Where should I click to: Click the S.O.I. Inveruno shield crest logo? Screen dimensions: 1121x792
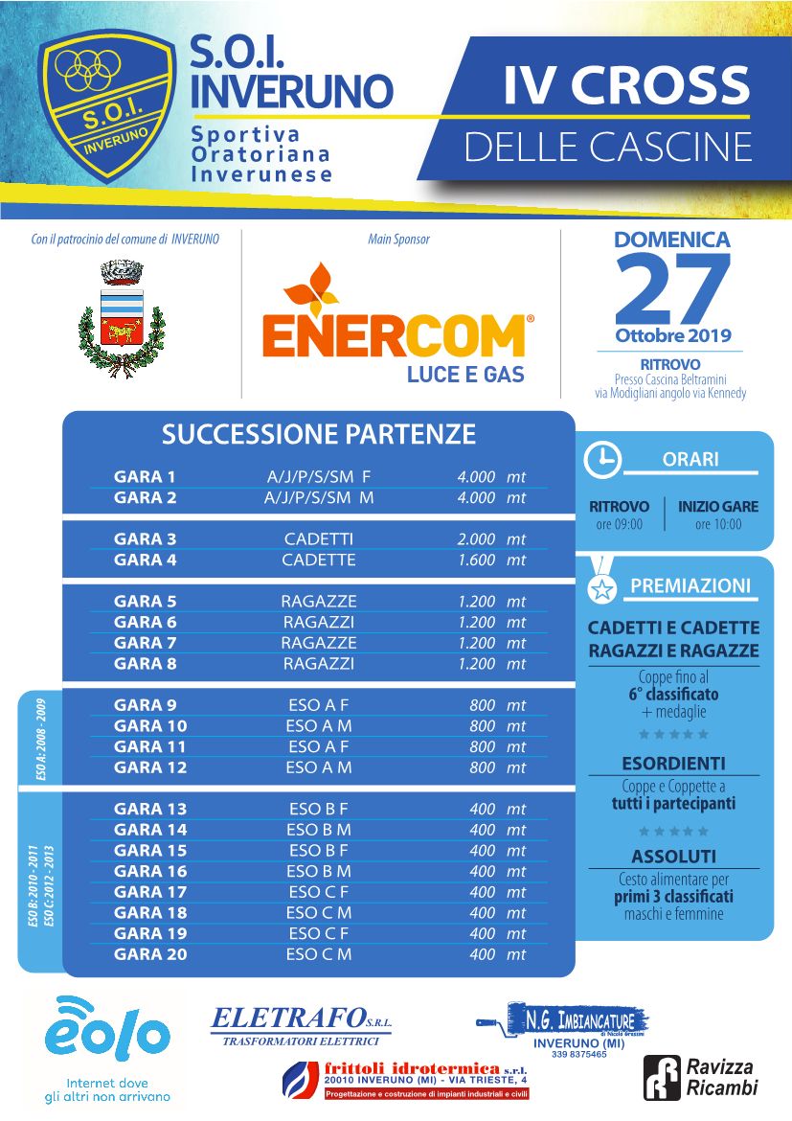pyautogui.click(x=106, y=105)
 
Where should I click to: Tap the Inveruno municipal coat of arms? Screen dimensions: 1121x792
pyautogui.click(x=121, y=320)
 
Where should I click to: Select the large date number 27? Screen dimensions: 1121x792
pyautogui.click(x=672, y=288)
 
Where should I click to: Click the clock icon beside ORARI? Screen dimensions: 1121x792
pyautogui.click(x=602, y=459)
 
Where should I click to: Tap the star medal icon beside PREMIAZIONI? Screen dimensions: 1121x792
pyautogui.click(x=601, y=588)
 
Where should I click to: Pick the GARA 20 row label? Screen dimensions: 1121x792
pyautogui.click(x=150, y=954)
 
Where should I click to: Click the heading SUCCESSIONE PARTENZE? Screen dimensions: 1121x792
pyautogui.click(x=318, y=434)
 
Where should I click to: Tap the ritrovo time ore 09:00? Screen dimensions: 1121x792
pyautogui.click(x=619, y=524)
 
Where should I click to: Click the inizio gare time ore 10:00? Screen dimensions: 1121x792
pyautogui.click(x=717, y=524)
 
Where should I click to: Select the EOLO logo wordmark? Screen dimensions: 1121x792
pyautogui.click(x=107, y=1035)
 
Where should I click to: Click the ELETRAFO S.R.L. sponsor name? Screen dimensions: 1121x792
pyautogui.click(x=301, y=1018)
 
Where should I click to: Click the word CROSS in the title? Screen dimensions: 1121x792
pyautogui.click(x=661, y=87)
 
